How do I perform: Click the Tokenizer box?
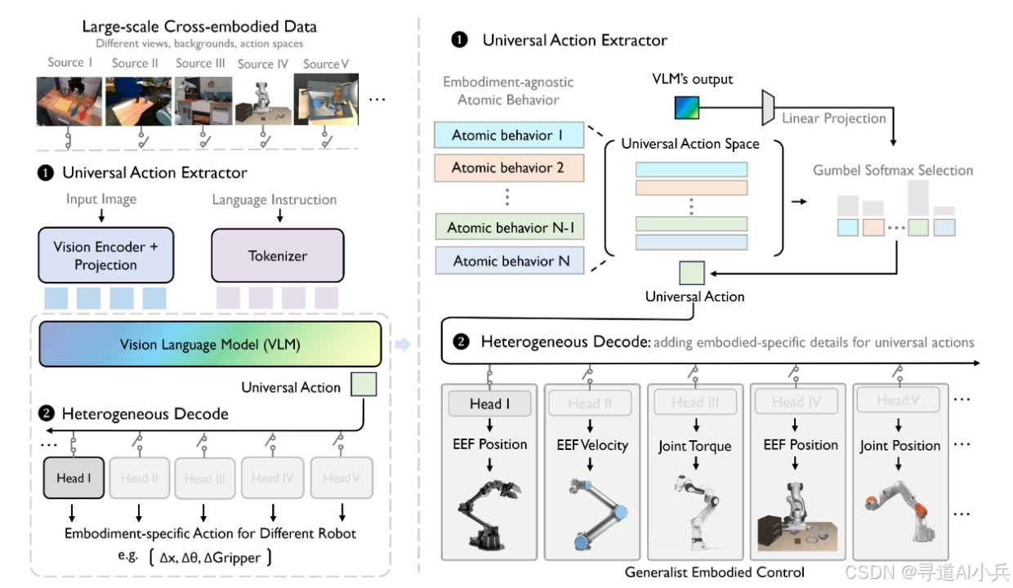(x=278, y=256)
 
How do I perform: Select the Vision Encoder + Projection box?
(x=105, y=256)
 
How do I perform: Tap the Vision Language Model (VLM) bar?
(x=210, y=345)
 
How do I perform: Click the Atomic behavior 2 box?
(x=508, y=168)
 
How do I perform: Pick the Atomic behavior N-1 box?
(x=508, y=228)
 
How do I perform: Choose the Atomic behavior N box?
(x=508, y=262)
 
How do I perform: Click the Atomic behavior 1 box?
(x=508, y=136)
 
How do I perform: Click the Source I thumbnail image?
(x=69, y=101)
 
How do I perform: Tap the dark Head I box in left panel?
(x=74, y=479)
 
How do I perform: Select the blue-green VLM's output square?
(x=685, y=109)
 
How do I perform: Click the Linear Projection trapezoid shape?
(x=768, y=108)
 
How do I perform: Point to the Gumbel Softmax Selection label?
(x=893, y=170)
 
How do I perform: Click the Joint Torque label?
(x=694, y=446)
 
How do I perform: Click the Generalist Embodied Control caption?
(x=715, y=572)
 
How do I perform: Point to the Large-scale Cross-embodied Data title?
(x=199, y=26)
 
